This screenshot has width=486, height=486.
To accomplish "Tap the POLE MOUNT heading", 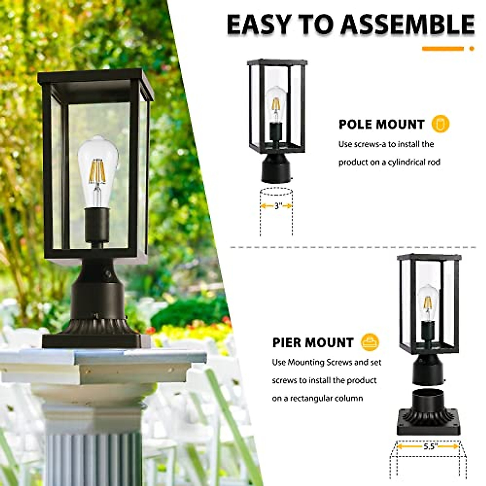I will coord(382,124).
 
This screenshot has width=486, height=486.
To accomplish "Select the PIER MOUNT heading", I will coord(313,342).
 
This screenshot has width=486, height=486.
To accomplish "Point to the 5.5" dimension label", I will coord(428,446).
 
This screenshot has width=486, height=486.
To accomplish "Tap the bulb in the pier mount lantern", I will coord(428,301).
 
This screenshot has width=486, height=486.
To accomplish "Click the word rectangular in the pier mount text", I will coord(310,398).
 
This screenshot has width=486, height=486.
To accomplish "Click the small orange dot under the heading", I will coord(471,49).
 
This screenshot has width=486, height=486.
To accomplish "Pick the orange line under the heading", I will coord(443,49).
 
